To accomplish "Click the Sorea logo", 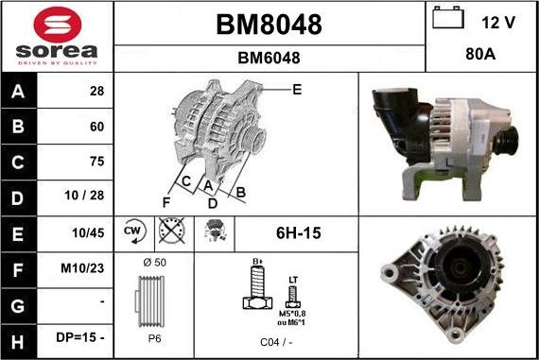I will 57,36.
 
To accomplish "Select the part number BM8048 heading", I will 269,25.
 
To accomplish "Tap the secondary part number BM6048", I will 269,58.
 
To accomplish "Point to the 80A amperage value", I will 481,55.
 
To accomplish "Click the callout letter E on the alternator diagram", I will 296,90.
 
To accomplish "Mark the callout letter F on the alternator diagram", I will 165,200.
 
